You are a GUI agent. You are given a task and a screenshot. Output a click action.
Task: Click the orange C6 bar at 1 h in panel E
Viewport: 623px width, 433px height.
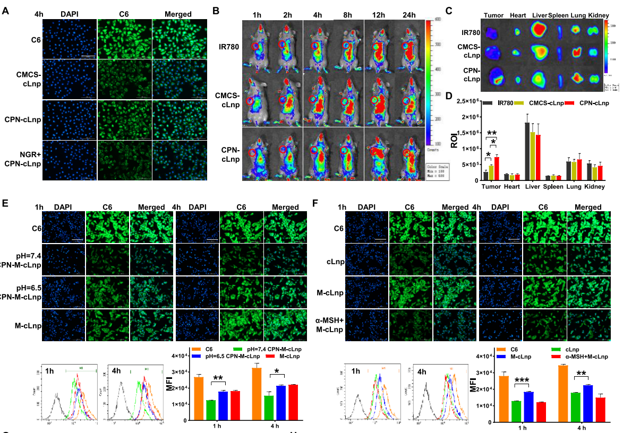click(x=199, y=398)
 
